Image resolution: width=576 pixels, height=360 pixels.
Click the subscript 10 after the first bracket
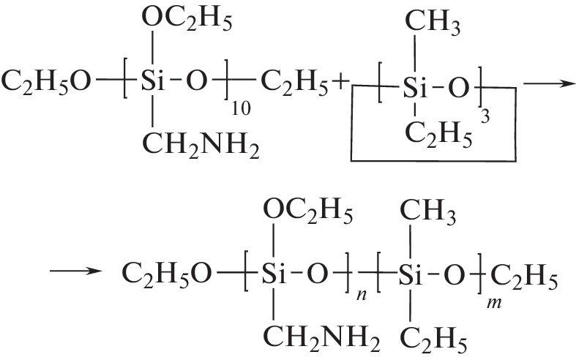click(241, 108)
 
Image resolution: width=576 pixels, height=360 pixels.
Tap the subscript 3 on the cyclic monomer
click(485, 117)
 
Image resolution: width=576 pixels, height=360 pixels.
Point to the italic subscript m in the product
click(494, 303)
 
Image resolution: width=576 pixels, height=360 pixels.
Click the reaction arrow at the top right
click(549, 84)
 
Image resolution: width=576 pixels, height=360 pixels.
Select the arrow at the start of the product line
click(75, 271)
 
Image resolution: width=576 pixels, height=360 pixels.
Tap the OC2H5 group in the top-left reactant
click(187, 19)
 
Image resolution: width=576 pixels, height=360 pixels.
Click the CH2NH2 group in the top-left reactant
click(201, 146)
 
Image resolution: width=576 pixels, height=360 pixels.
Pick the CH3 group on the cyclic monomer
click(433, 23)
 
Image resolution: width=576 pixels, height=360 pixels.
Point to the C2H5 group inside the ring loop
click(438, 135)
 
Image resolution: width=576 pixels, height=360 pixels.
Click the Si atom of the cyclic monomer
click(415, 88)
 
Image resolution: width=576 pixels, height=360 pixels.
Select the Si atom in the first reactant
click(153, 80)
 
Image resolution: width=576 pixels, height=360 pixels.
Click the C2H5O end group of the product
click(167, 274)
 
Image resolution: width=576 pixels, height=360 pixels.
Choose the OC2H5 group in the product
click(308, 213)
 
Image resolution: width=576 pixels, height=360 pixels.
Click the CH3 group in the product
click(428, 212)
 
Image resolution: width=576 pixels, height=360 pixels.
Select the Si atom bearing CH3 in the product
click(411, 275)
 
